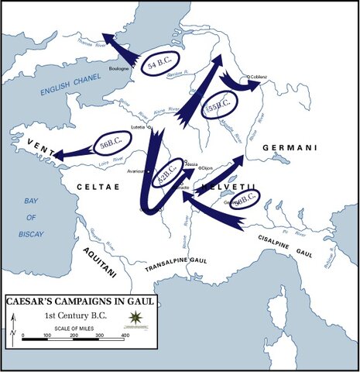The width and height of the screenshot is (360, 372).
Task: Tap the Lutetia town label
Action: [x=139, y=127]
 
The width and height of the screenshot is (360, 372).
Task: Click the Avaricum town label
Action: [x=138, y=171]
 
